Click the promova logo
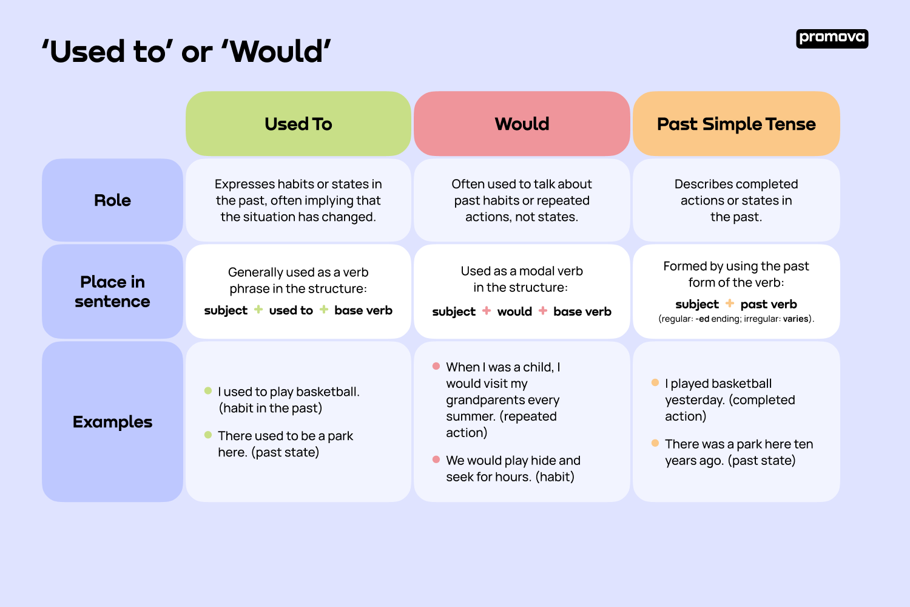coord(832,38)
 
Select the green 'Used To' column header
coord(298,124)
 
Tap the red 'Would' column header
coord(522,124)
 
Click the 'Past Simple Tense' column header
coord(736,124)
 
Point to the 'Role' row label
coord(112,200)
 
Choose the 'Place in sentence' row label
coord(112,291)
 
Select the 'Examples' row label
coord(112,422)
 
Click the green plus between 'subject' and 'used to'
coord(258,310)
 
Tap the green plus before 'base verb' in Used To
coord(324,310)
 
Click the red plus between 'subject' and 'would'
coord(487,311)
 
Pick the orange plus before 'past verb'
coord(730,303)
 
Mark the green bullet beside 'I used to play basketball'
coord(208,391)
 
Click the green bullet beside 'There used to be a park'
coord(208,435)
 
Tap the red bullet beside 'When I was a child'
coord(436,366)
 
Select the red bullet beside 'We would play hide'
coord(436,459)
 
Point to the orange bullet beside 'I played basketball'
coord(655,382)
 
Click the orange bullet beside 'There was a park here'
coord(655,443)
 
